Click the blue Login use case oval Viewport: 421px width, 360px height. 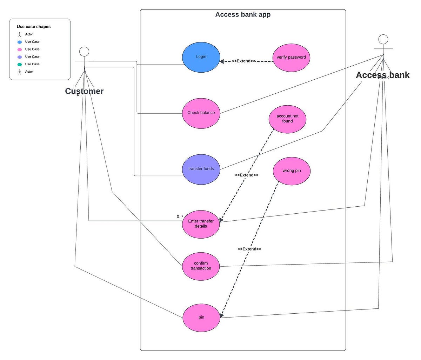coord(201,57)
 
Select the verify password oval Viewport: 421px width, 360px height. coord(291,57)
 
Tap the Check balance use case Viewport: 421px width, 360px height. coord(201,113)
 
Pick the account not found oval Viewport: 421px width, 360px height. coord(287,119)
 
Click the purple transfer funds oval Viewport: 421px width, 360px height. coord(201,169)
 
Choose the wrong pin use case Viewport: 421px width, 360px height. coord(292,171)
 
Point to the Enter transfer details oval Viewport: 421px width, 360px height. coord(201,224)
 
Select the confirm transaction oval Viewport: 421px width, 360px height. coord(201,266)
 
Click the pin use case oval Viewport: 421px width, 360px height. coord(201,318)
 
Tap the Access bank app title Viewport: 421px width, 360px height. coord(243,15)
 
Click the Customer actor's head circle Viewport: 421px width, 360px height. coord(84,52)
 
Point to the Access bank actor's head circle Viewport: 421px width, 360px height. coord(383,39)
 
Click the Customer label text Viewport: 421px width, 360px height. coord(84,91)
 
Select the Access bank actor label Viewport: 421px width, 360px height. coord(382,75)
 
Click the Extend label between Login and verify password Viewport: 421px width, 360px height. coord(243,61)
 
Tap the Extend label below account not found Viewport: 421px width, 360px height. coord(247,175)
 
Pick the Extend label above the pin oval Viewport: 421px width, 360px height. coord(249,249)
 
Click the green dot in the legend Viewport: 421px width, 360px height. coord(20,64)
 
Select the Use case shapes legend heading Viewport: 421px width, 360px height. coord(34,27)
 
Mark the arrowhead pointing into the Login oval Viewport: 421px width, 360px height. coord(222,61)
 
